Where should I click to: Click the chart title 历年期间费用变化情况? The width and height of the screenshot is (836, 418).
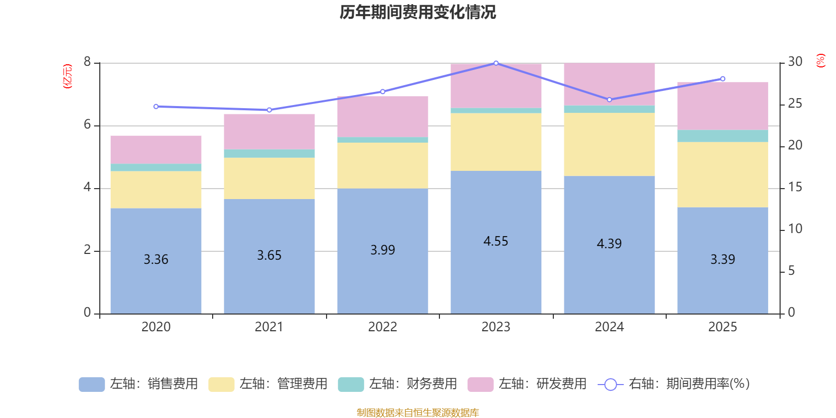tap(417, 12)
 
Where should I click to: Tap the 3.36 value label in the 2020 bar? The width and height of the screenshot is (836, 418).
tap(156, 259)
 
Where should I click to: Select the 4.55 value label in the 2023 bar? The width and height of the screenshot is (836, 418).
tap(495, 241)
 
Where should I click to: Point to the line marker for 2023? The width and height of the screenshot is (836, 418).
tap(496, 63)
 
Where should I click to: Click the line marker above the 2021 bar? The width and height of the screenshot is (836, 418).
tap(269, 110)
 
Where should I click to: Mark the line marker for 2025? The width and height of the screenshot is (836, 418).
tap(723, 79)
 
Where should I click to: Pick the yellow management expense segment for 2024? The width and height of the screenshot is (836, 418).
tap(609, 144)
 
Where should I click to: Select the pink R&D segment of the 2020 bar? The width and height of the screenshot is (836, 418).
tap(156, 149)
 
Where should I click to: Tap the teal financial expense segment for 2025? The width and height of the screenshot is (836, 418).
tap(723, 136)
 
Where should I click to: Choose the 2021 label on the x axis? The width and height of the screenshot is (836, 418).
tap(269, 327)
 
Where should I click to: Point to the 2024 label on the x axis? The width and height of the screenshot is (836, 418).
tap(609, 327)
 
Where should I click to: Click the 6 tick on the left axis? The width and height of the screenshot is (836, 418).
tap(87, 125)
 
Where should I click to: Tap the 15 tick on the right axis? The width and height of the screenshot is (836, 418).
tap(795, 187)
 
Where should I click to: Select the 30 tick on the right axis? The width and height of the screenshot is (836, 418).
tap(795, 62)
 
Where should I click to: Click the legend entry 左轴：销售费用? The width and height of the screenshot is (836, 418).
tap(138, 384)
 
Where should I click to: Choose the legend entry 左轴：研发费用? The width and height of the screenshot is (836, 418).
tap(527, 384)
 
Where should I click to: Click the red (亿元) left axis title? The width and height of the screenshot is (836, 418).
tap(67, 76)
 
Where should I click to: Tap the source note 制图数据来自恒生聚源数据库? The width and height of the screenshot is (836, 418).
tap(417, 413)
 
